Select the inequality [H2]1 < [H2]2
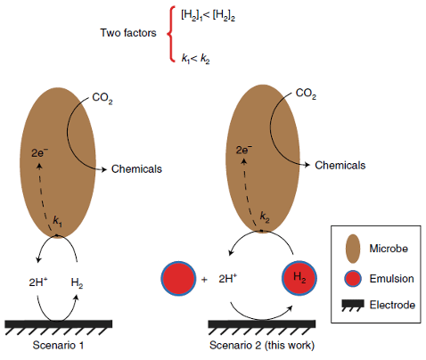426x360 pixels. point(205,13)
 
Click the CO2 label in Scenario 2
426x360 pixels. point(306,93)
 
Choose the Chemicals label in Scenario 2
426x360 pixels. point(341,165)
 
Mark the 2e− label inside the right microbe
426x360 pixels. point(246,151)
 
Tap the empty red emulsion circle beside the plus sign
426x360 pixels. point(177,278)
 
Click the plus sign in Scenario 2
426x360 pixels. point(205,279)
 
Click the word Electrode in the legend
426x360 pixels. point(395,305)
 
